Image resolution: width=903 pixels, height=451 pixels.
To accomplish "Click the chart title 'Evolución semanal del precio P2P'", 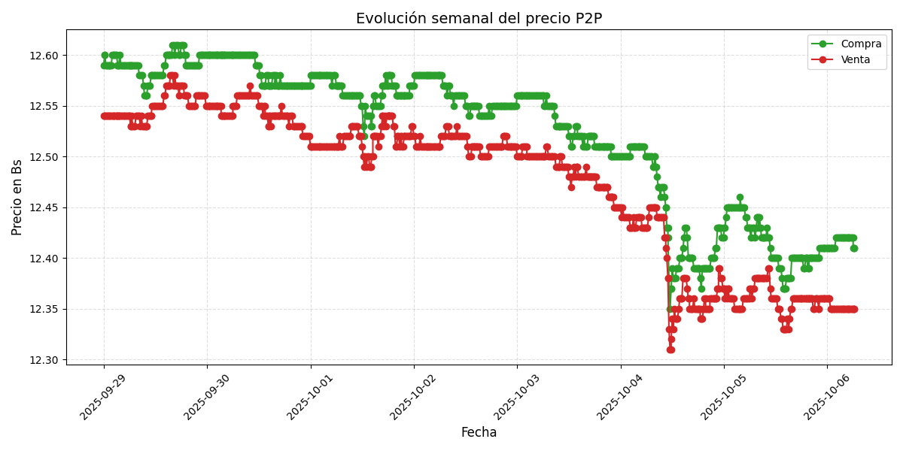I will (x=479, y=19).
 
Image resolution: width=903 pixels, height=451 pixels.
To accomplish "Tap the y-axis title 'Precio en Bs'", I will (x=17, y=197).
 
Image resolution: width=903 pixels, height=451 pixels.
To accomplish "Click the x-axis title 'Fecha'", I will (x=479, y=433).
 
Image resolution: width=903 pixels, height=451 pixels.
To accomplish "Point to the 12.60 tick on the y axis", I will (x=44, y=56).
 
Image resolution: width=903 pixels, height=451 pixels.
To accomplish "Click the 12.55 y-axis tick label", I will (x=44, y=106).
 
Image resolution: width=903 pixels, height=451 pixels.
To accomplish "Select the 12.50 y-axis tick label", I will (x=44, y=157).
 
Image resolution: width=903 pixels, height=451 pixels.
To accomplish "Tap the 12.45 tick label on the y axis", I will (x=44, y=207).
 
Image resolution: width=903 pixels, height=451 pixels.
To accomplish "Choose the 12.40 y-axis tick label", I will (x=44, y=259).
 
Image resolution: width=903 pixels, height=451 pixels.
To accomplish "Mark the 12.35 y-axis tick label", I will (x=44, y=309).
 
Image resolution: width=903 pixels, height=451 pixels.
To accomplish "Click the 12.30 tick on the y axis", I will (x=44, y=360).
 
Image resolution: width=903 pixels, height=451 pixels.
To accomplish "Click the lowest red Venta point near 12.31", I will (x=670, y=350).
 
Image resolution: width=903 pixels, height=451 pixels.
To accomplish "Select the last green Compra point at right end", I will (x=853, y=248).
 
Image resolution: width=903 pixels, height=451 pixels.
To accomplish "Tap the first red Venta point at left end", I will (x=104, y=116).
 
